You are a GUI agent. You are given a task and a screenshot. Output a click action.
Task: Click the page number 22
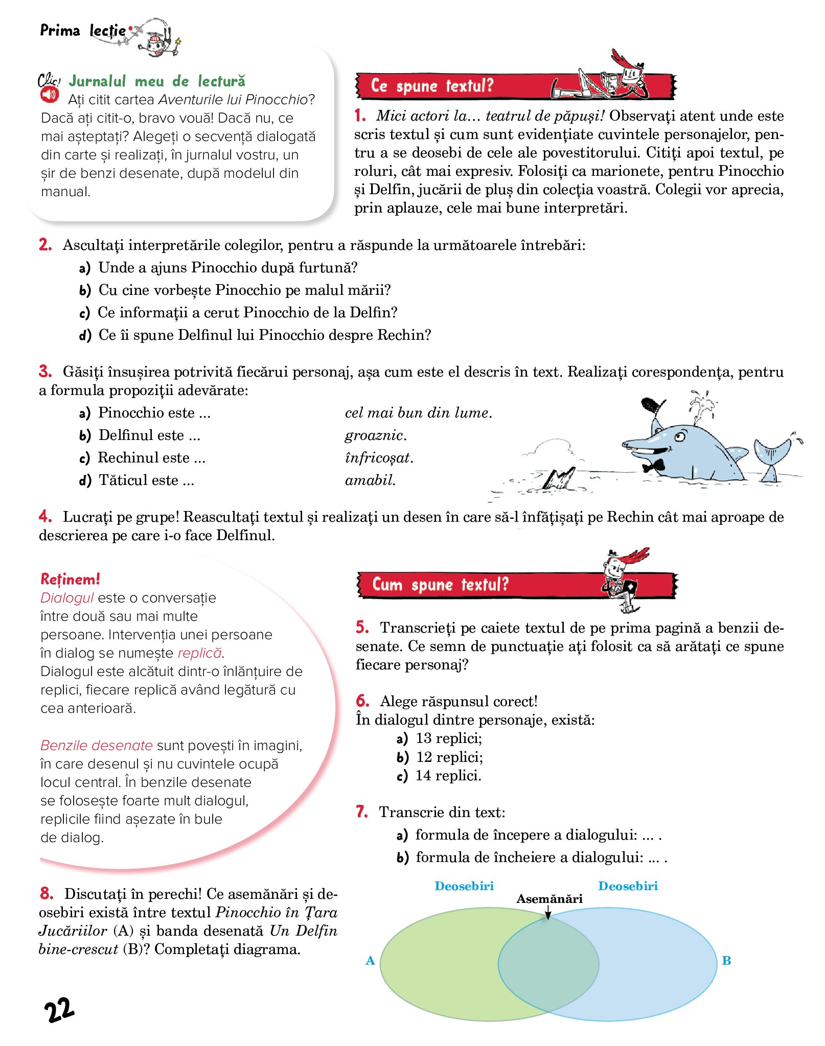pos(59,1010)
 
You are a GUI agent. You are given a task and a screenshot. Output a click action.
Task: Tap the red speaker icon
pos(50,95)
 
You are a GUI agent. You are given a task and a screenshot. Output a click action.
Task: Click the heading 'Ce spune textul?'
pos(432,85)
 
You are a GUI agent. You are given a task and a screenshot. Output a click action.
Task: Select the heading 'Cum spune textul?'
pos(440,584)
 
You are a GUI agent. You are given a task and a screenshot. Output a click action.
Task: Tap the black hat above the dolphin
pos(650,406)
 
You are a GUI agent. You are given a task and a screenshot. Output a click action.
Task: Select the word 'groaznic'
pos(375,435)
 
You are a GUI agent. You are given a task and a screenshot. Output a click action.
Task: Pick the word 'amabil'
pos(370,480)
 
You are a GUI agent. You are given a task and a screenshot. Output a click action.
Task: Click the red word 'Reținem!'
pos(70,579)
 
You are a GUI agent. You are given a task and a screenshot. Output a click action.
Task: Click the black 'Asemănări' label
pos(549,899)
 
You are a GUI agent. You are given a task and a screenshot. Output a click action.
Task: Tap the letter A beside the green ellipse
pos(371,961)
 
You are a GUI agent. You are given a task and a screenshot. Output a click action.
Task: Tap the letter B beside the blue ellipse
pos(726,961)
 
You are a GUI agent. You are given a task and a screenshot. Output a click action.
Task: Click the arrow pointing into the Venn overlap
pos(548,913)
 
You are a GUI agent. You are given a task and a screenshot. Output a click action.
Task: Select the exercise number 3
pos(45,371)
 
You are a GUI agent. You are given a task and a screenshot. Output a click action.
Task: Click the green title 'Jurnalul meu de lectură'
pos(157,81)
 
